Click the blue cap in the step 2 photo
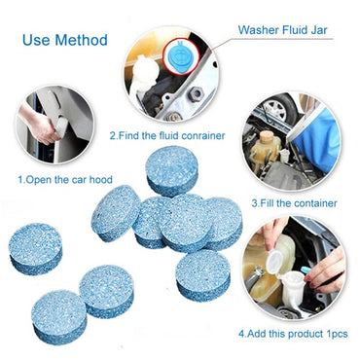point(179,56)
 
